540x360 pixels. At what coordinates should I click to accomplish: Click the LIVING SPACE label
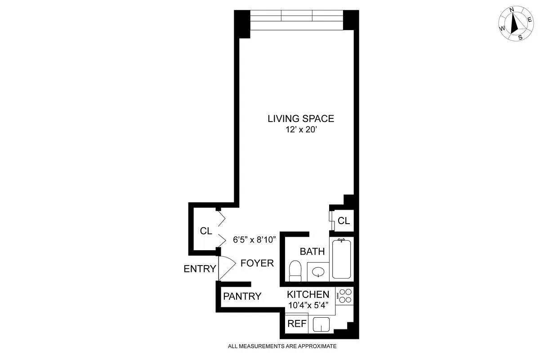(x=301, y=119)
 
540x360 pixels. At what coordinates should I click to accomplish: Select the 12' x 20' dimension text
(x=301, y=130)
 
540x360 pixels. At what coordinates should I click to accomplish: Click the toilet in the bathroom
(x=295, y=271)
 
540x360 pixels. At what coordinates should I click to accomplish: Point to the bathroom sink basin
(x=319, y=272)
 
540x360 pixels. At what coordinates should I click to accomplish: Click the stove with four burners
(x=345, y=295)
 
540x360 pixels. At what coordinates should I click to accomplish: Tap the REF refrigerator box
(x=297, y=324)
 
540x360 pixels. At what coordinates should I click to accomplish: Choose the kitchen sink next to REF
(x=321, y=324)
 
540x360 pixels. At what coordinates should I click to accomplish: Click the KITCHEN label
(x=308, y=295)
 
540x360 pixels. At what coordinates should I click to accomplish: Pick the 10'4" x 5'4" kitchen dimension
(x=308, y=305)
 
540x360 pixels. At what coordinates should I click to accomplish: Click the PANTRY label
(x=242, y=296)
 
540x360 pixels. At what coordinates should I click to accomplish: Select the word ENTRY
(x=200, y=269)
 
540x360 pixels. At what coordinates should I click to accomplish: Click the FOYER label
(x=257, y=263)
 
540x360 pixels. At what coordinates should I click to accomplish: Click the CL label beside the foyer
(x=206, y=231)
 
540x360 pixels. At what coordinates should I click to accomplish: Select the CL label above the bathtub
(x=344, y=220)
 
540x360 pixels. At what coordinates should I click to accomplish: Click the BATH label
(x=312, y=251)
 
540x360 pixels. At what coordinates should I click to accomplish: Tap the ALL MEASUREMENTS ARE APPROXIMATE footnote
(x=282, y=346)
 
